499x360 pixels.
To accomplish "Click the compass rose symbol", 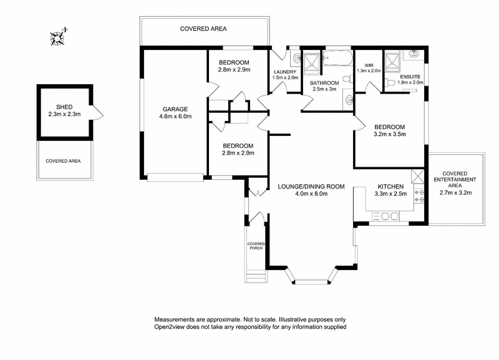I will (x=59, y=37).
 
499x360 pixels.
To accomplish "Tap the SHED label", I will (x=64, y=107).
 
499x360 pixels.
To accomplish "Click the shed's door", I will (x=97, y=114).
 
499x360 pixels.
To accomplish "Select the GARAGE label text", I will (x=175, y=109).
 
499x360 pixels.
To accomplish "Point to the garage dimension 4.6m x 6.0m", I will (x=175, y=116).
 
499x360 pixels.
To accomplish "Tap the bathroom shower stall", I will (x=311, y=61).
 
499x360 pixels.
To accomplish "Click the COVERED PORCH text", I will (x=256, y=246).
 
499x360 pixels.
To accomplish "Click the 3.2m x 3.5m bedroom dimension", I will (x=390, y=134).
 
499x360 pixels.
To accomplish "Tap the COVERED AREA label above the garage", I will (x=203, y=29).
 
